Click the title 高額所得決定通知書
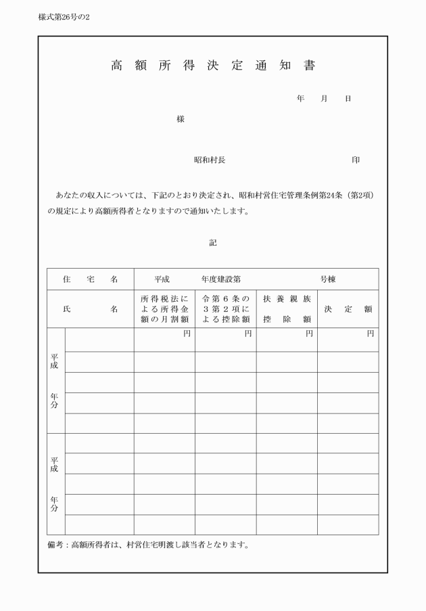tap(212, 66)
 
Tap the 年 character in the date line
tap(300, 99)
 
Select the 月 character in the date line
tap(324, 99)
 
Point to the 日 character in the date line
tap(348, 99)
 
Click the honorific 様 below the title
tap(181, 119)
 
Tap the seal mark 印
tap(356, 160)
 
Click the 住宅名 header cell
tap(90, 279)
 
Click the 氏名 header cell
tap(90, 309)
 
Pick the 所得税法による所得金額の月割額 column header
tap(164, 309)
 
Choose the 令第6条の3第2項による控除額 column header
tap(226, 309)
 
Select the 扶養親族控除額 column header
tap(287, 309)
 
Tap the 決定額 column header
tap(348, 309)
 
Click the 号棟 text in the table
tap(328, 279)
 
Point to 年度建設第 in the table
tap(220, 279)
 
